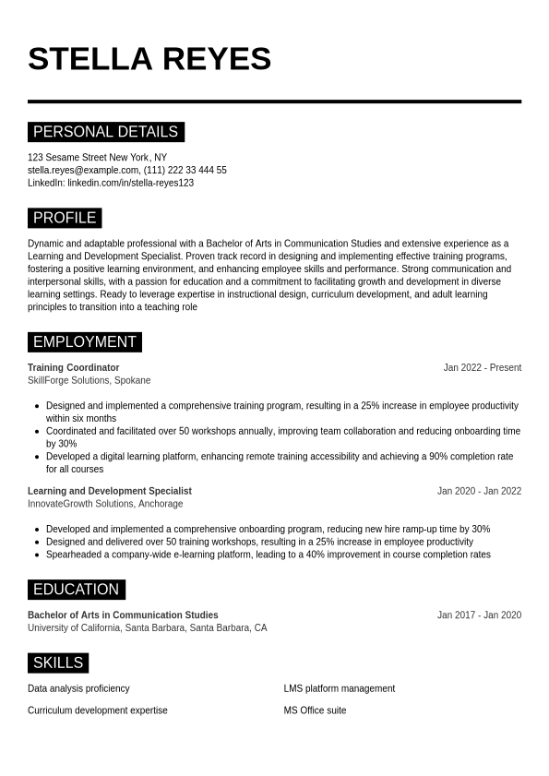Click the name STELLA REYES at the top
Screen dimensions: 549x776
point(149,59)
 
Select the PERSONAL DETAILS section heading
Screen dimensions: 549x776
point(105,132)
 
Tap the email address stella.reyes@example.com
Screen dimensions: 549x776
point(83,171)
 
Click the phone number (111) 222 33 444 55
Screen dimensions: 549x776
point(185,171)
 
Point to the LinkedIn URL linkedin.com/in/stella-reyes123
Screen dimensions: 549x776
point(130,183)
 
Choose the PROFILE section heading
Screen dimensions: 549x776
point(65,218)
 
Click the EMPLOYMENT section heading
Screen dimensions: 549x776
point(84,342)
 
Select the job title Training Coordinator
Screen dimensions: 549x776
point(74,368)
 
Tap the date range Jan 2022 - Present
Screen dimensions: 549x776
point(482,368)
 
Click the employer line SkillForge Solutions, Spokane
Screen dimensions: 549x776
point(89,380)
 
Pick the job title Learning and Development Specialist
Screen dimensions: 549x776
point(110,492)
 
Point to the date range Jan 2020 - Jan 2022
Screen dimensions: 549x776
point(479,492)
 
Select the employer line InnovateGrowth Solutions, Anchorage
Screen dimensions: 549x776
point(105,504)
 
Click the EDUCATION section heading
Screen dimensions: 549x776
point(76,590)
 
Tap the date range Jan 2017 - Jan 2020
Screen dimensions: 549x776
point(479,615)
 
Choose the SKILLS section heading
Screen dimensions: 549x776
point(57,663)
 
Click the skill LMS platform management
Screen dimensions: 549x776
point(339,688)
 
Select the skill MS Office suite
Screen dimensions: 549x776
point(315,710)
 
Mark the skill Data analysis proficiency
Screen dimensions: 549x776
point(78,688)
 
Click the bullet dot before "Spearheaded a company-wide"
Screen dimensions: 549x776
point(36,555)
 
